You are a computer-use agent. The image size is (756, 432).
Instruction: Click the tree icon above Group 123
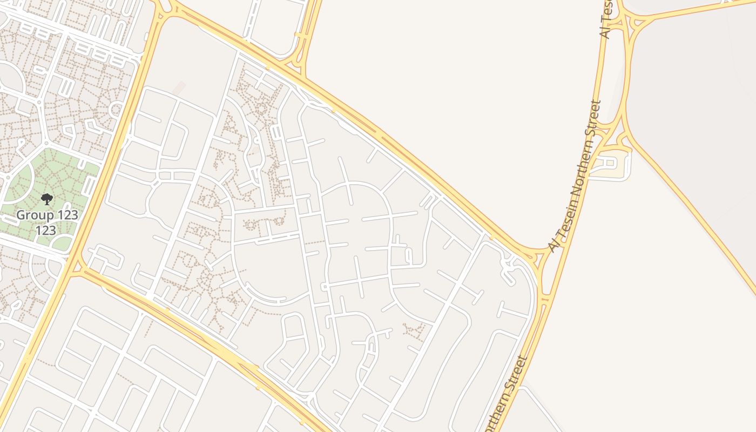click(x=47, y=199)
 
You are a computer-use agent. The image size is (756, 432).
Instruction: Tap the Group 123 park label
click(x=47, y=215)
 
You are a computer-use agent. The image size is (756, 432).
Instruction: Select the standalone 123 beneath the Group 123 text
click(x=46, y=231)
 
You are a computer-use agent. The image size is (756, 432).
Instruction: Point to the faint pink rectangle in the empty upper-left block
click(x=179, y=88)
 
